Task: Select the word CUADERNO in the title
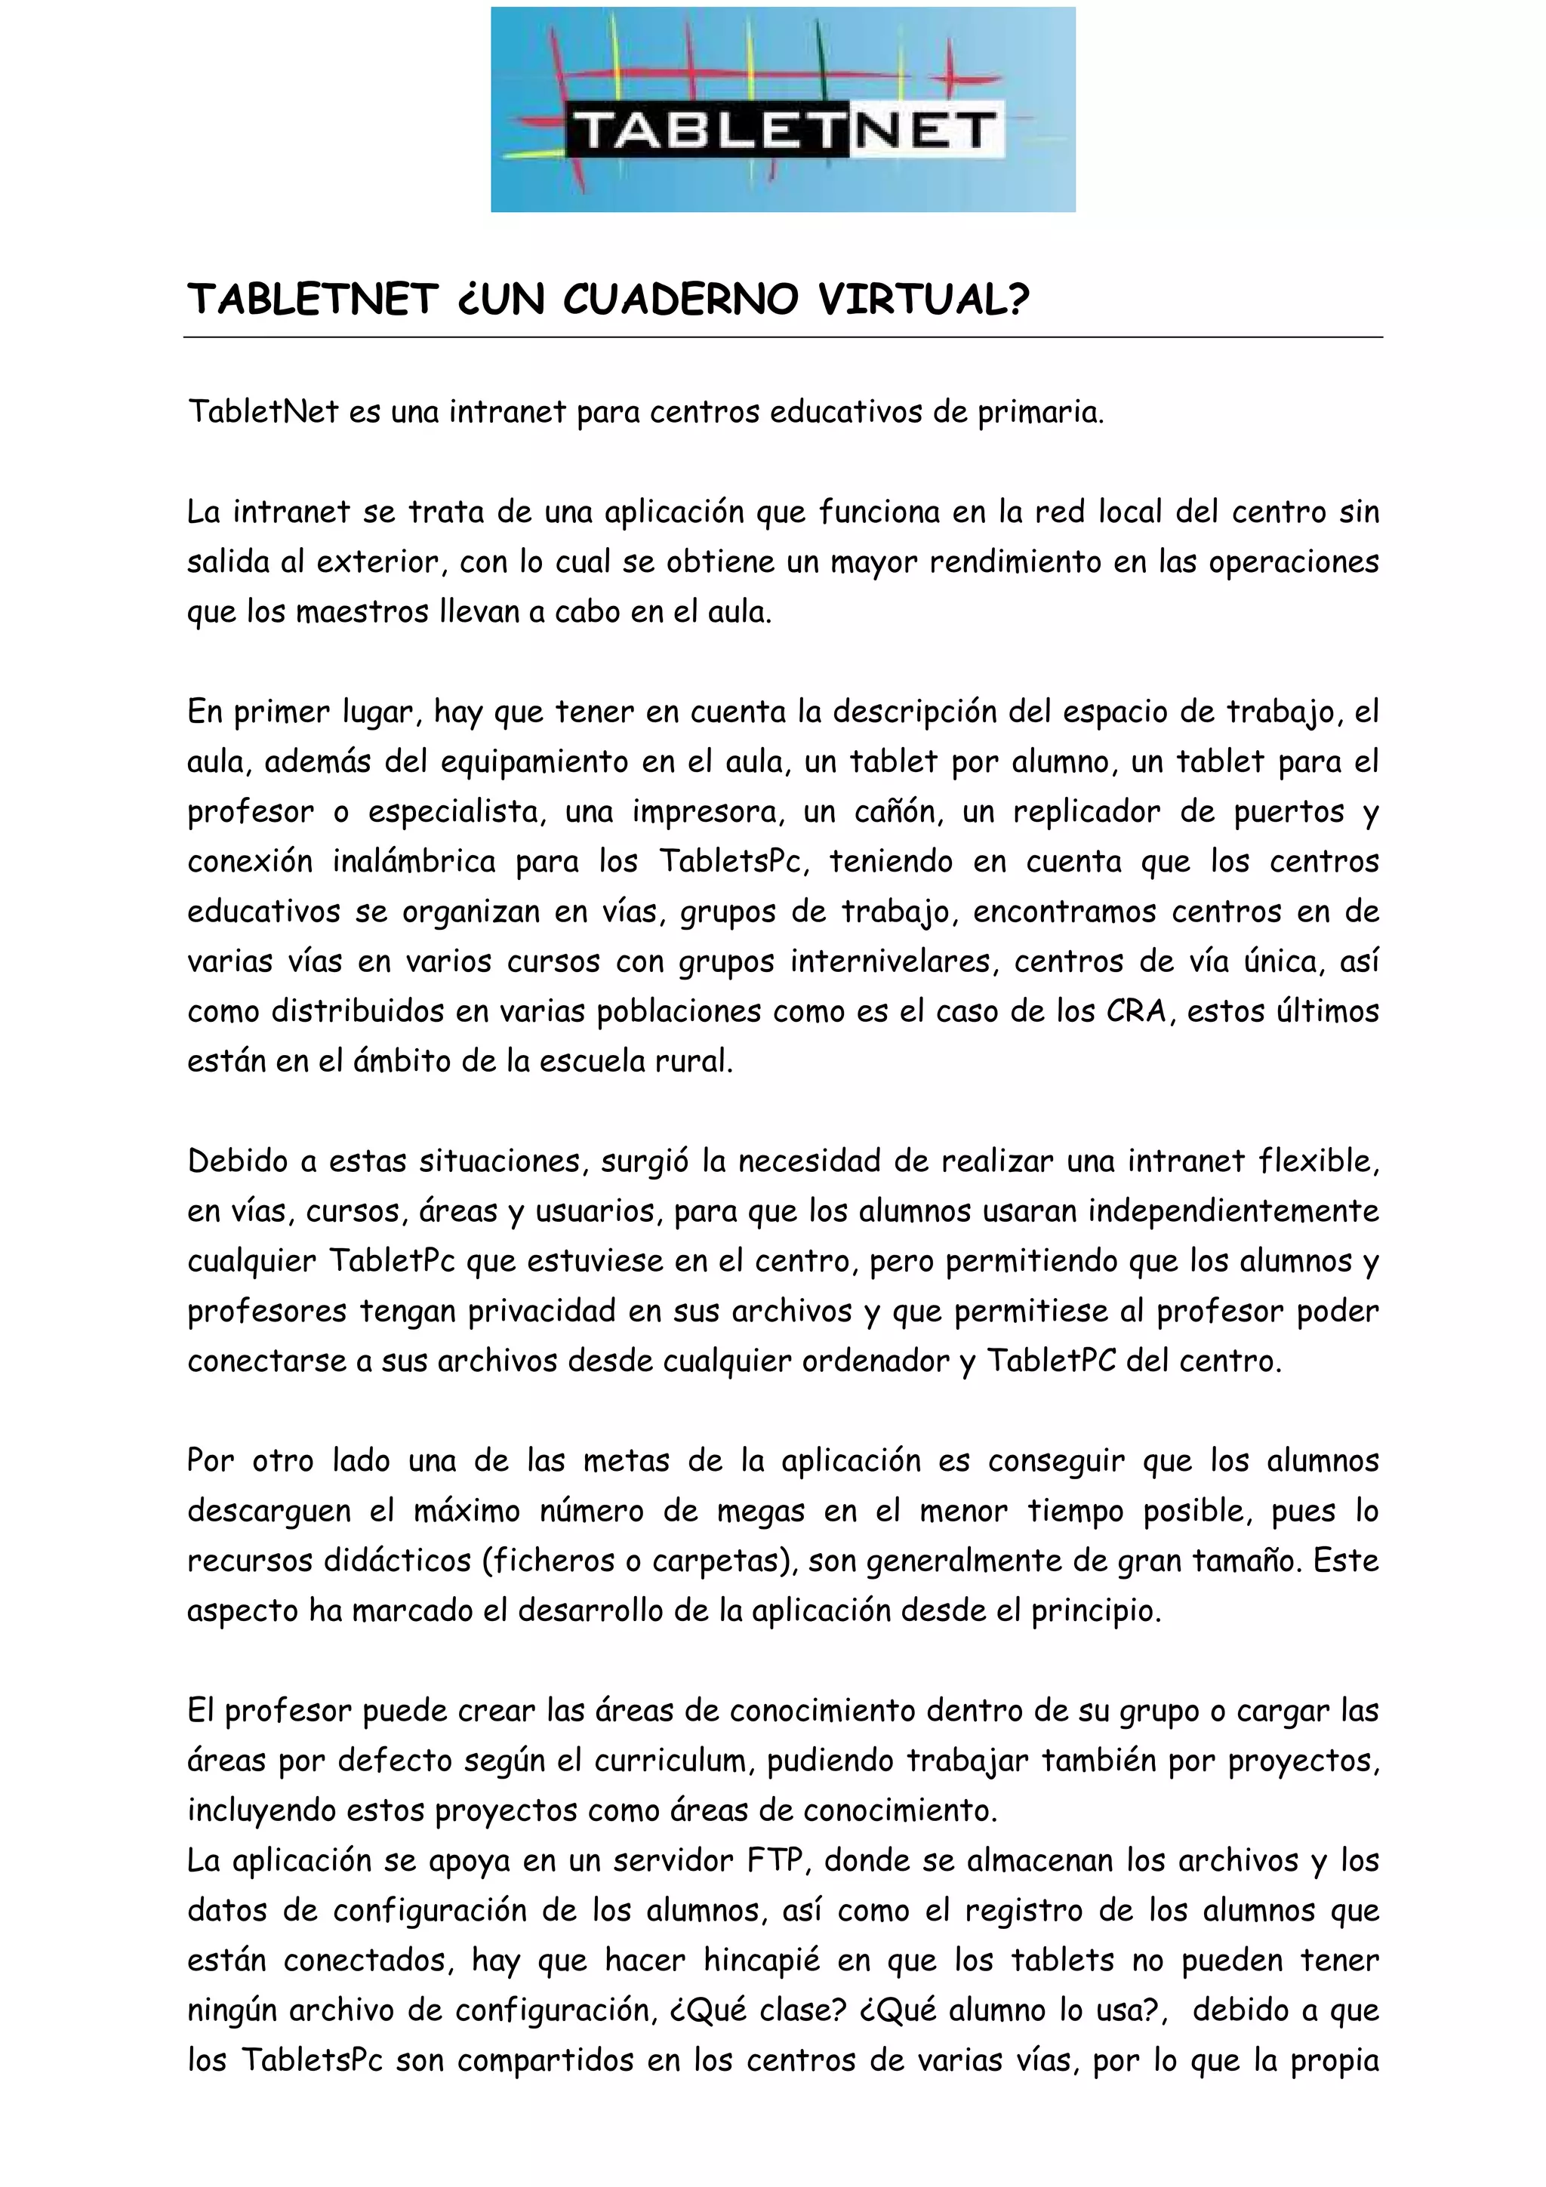pos(680,300)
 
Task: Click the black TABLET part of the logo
pos(709,130)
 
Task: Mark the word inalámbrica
pos(414,861)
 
